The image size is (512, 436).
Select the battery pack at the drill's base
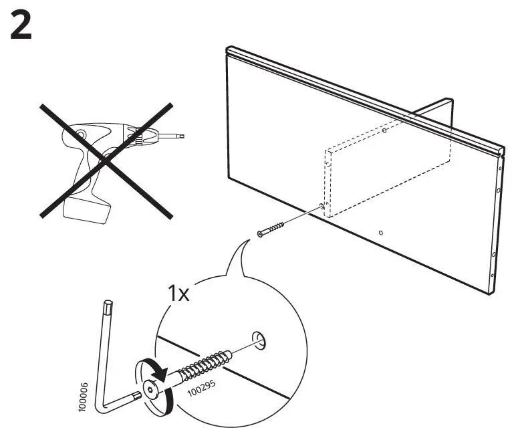pyautogui.click(x=86, y=212)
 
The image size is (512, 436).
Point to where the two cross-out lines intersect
pyautogui.click(x=106, y=160)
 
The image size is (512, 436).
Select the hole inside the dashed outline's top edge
pyautogui.click(x=385, y=131)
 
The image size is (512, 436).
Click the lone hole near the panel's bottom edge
pyautogui.click(x=380, y=233)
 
